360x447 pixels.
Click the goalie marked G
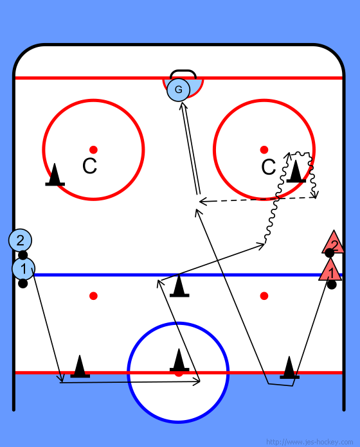(x=178, y=90)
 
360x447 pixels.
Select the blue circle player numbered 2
(x=21, y=240)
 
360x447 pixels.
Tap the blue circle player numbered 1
(x=23, y=268)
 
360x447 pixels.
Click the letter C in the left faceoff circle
(x=89, y=166)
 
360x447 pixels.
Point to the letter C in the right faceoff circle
(x=269, y=167)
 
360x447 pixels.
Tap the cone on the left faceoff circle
(x=55, y=175)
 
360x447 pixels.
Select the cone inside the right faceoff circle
(x=296, y=171)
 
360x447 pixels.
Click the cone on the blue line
(x=179, y=286)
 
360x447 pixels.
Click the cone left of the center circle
(x=80, y=366)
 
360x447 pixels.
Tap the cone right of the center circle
(x=289, y=367)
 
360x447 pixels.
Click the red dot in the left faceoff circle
(x=93, y=150)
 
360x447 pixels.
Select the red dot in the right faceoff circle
(x=264, y=150)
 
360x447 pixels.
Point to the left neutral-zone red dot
(x=93, y=296)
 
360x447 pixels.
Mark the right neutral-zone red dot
(x=264, y=296)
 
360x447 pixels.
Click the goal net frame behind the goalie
(x=183, y=71)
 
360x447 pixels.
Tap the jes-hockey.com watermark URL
(x=310, y=442)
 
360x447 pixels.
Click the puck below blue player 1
(x=22, y=284)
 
